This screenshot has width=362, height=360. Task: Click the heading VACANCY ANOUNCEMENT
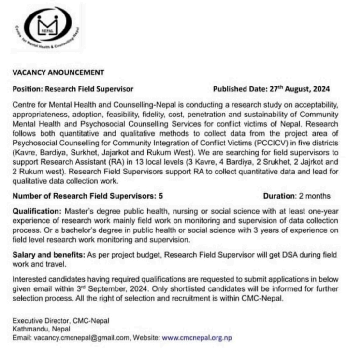tap(58, 72)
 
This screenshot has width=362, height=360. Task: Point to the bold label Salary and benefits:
tap(46, 254)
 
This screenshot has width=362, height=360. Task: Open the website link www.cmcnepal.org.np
tap(197, 337)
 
